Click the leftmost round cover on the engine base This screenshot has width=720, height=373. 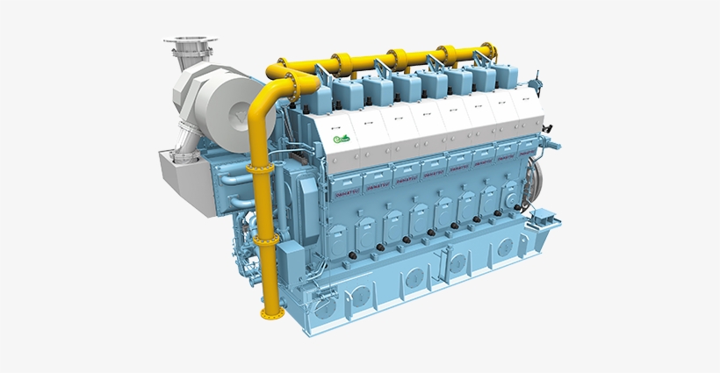pos(326,308)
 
